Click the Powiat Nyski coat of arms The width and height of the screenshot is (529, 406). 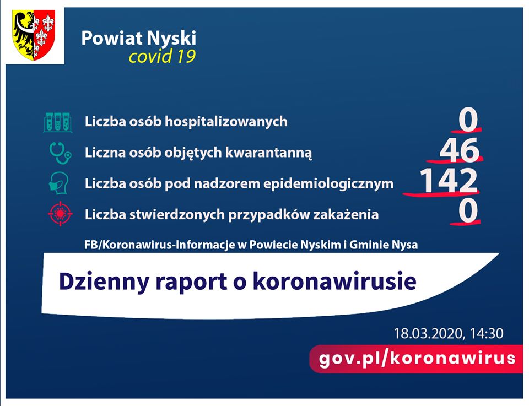tap(34, 35)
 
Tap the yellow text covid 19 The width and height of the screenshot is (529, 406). tap(162, 56)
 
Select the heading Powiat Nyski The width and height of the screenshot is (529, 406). tap(139, 39)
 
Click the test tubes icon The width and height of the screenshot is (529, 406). tap(58, 122)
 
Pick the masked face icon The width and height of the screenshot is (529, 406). tap(59, 183)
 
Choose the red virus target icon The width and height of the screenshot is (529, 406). tap(60, 213)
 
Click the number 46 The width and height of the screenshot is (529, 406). tap(459, 150)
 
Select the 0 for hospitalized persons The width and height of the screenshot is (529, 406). tap(468, 120)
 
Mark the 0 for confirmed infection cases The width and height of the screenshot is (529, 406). tap(468, 211)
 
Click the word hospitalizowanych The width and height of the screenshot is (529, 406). tap(226, 122)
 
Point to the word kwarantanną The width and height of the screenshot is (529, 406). tap(268, 153)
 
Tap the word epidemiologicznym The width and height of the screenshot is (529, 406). tap(328, 184)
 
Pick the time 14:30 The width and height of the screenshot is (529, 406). tap(487, 333)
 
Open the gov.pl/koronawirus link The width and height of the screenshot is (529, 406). tap(417, 358)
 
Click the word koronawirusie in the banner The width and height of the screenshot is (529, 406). tap(334, 281)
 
